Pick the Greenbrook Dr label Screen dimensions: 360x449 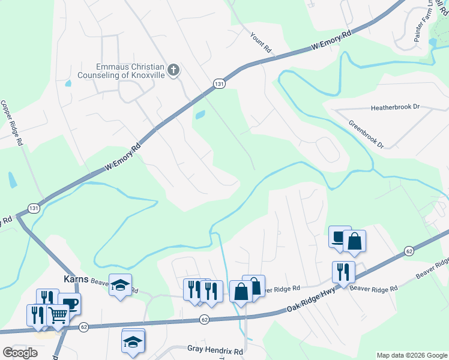click(x=366, y=133)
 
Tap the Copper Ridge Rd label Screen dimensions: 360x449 click(x=12, y=123)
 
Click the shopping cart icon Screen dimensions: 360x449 click(x=58, y=314)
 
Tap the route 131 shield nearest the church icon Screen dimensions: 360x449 click(x=220, y=85)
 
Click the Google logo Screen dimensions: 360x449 click(x=20, y=353)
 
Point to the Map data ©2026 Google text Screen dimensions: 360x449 click(x=411, y=355)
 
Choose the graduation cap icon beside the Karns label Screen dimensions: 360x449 click(x=120, y=284)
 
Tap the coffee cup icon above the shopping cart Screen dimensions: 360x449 click(x=70, y=303)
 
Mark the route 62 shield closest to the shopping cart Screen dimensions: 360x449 click(x=83, y=327)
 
